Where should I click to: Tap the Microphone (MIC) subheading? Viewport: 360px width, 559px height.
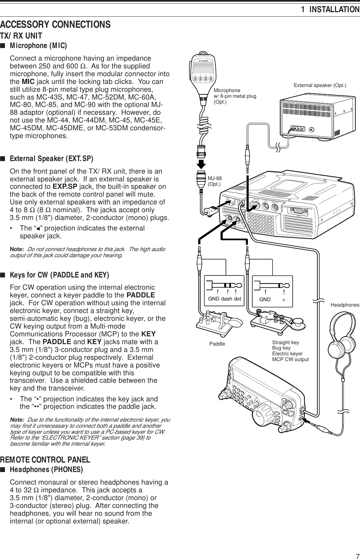38,45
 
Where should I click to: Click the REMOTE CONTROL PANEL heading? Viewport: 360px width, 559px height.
45,460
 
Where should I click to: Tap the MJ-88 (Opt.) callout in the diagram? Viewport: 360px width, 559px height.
214,181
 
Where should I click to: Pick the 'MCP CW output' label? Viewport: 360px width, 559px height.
291,359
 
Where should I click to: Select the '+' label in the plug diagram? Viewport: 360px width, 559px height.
283,300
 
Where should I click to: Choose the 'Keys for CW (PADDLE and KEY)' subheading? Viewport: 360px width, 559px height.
59,274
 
